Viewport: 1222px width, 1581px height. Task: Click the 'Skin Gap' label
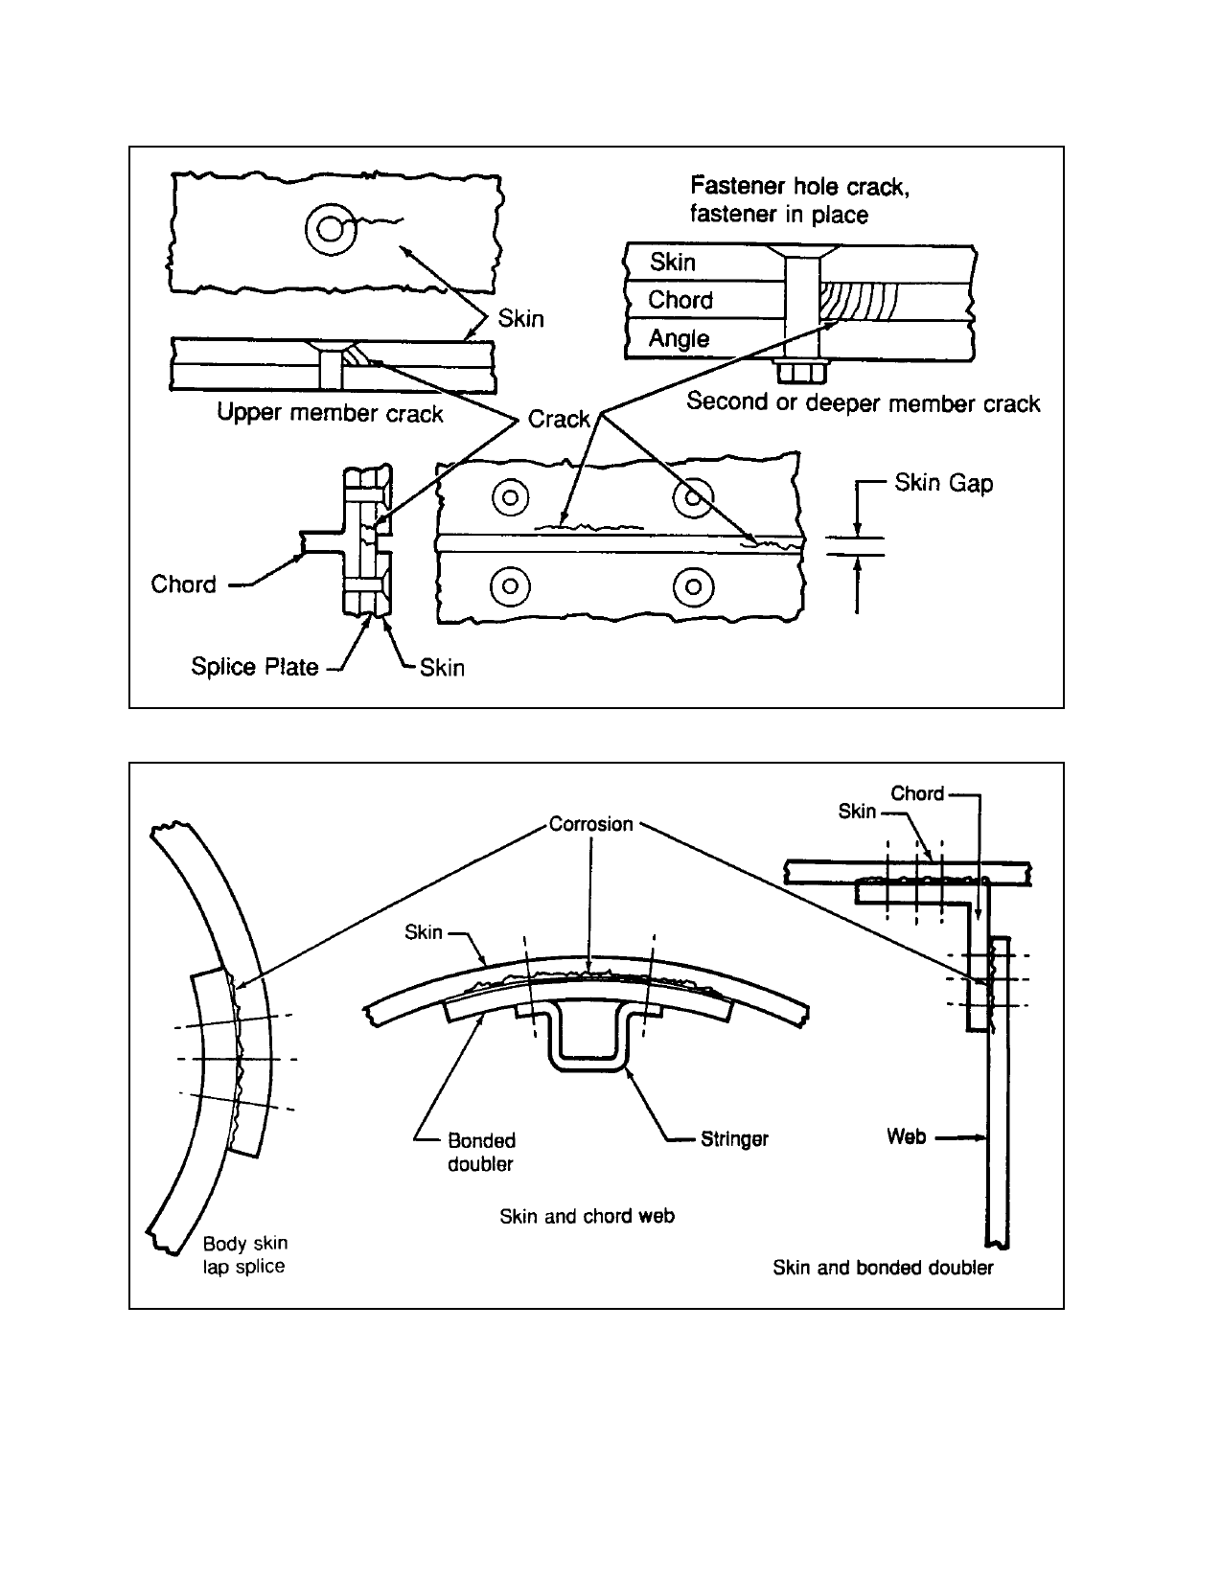[x=943, y=483]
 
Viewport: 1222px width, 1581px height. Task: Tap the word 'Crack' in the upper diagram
[x=558, y=419]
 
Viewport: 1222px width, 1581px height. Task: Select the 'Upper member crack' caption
[x=330, y=413]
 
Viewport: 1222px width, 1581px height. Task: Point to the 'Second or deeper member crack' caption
[x=864, y=402]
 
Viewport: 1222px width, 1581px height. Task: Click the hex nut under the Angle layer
[x=801, y=371]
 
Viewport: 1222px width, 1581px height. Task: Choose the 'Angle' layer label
[x=679, y=339]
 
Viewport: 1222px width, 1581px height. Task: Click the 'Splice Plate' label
[x=255, y=667]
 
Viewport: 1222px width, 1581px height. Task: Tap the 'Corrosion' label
[x=591, y=824]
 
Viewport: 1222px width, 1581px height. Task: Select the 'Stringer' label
[x=734, y=1138]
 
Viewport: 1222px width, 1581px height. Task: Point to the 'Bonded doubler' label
[x=481, y=1152]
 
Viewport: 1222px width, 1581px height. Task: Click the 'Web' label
[x=906, y=1135]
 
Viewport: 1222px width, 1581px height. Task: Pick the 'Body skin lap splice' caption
[x=244, y=1254]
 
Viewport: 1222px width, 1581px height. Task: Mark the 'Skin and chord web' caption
[x=587, y=1216]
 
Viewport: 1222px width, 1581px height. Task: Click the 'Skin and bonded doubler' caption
[x=883, y=1268]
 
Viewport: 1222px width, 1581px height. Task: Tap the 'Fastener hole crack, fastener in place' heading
[x=799, y=199]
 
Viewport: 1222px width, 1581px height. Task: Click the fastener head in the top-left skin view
[x=332, y=230]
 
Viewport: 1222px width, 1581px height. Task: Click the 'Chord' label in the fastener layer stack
[x=680, y=300]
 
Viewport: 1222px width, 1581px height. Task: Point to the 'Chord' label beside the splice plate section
[x=183, y=584]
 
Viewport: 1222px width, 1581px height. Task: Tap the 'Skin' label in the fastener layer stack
[x=673, y=262]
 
